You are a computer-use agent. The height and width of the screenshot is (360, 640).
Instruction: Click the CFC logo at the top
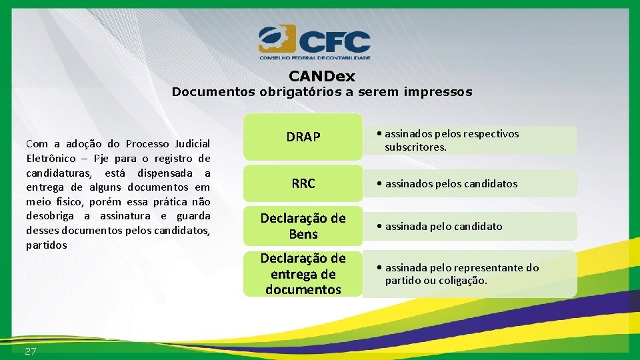(x=315, y=42)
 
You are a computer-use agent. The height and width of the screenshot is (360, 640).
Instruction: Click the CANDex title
(x=322, y=77)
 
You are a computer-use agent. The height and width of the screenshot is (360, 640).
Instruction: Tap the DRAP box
(x=303, y=137)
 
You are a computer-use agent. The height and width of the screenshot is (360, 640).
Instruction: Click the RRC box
(x=303, y=184)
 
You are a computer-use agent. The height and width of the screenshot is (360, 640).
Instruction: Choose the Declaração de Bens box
(x=303, y=226)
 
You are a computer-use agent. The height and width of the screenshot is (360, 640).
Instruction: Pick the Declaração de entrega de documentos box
(x=303, y=274)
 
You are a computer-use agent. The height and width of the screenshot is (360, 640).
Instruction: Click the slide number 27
(x=31, y=351)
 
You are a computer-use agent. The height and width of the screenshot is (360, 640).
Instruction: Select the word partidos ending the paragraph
(x=47, y=245)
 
